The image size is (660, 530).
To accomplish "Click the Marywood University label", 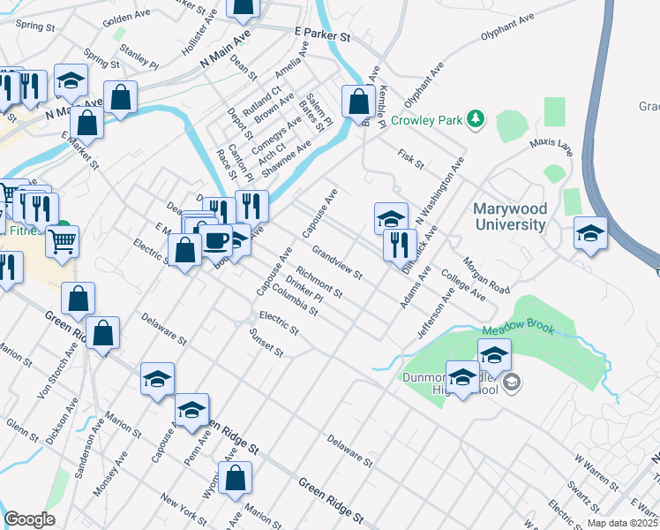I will coord(509,216).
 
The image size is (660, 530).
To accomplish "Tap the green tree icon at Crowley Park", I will coord(476,118).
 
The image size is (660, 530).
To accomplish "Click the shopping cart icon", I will coord(62,240).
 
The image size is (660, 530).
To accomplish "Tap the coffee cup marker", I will coord(217,239).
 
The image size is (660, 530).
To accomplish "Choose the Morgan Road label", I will coord(485,274).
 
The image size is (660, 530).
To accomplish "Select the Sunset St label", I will coord(266,344).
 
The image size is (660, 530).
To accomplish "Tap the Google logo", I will coord(29,519).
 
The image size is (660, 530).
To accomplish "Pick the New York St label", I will coord(184,512).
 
